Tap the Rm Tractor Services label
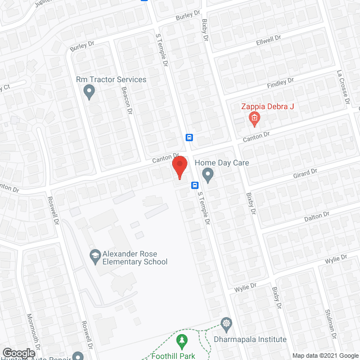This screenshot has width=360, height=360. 111,79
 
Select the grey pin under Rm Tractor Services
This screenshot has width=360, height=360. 88,91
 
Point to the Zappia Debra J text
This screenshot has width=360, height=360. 268,107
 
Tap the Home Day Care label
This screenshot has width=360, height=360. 222,163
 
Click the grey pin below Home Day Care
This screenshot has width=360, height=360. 208,175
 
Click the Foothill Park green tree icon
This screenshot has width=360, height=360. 182,340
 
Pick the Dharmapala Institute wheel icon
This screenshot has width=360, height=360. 226,323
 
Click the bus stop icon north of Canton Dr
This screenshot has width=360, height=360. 190,137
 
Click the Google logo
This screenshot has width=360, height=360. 18,353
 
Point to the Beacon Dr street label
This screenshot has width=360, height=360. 125,105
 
